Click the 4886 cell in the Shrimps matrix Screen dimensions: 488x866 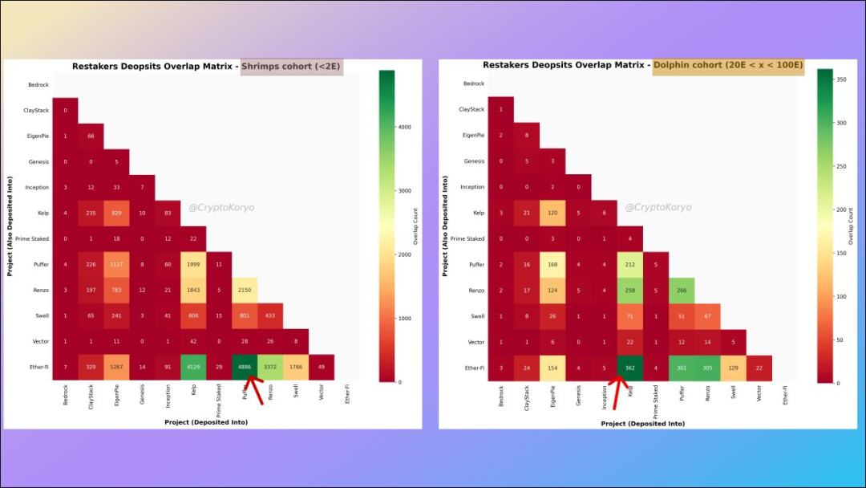pyautogui.click(x=245, y=367)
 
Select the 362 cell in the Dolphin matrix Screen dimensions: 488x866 pyautogui.click(x=629, y=368)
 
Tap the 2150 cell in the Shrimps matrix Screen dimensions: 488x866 pyautogui.click(x=245, y=290)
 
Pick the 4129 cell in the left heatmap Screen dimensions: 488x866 pyautogui.click(x=193, y=367)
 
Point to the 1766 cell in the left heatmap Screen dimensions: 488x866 pyautogui.click(x=296, y=367)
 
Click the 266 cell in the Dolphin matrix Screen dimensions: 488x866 pyautogui.click(x=681, y=291)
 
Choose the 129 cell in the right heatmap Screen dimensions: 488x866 pyautogui.click(x=732, y=368)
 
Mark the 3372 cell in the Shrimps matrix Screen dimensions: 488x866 pyautogui.click(x=270, y=367)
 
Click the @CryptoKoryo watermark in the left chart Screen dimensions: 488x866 pyautogui.click(x=221, y=207)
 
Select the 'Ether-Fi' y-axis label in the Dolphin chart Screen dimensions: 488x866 pyautogui.click(x=475, y=368)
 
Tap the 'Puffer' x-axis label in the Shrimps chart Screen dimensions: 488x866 pyautogui.click(x=244, y=396)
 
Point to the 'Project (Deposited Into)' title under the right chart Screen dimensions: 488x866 pyautogui.click(x=643, y=424)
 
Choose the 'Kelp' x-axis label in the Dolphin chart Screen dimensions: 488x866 pyautogui.click(x=629, y=395)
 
